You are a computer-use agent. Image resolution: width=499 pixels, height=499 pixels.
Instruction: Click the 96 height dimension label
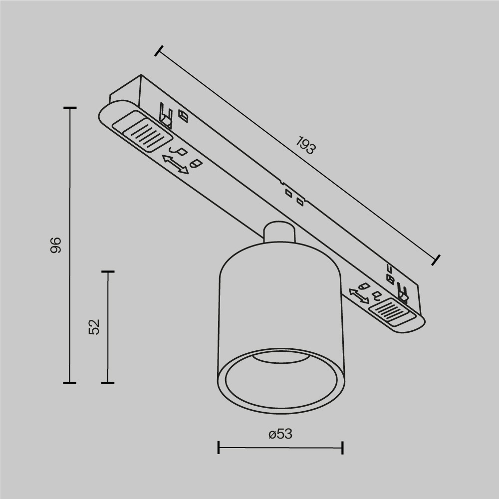(56, 245)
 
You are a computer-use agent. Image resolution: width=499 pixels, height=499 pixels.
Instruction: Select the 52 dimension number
(94, 327)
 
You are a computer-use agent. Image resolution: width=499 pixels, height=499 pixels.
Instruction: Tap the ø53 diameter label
(280, 434)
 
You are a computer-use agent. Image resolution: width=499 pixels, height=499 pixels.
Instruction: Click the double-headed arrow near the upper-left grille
(176, 164)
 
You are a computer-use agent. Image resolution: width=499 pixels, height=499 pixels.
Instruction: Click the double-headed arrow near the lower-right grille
(358, 295)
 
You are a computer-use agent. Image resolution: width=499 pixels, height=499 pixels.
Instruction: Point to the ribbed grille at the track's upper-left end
(143, 132)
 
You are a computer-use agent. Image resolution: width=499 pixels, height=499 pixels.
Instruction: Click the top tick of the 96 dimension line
(69, 108)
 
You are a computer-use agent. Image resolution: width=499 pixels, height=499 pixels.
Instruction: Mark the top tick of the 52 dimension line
(108, 272)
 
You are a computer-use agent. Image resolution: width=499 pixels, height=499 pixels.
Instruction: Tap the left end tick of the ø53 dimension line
(219, 447)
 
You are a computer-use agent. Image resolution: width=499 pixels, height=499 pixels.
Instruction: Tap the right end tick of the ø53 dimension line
(342, 447)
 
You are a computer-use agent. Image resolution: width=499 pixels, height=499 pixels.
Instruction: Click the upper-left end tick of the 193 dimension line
(159, 51)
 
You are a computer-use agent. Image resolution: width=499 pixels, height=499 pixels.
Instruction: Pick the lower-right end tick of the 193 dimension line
(436, 259)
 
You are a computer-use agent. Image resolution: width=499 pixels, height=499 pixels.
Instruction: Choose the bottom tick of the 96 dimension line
(69, 383)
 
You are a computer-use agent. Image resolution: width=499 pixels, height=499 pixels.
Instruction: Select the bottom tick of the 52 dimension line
(108, 383)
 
